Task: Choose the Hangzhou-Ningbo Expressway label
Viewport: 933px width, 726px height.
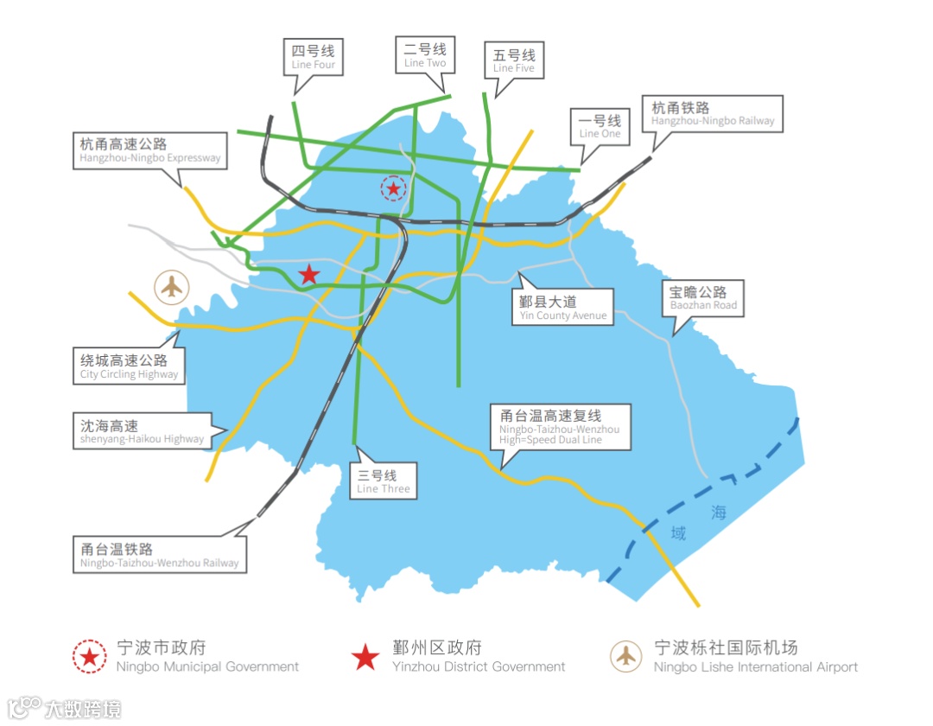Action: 150,150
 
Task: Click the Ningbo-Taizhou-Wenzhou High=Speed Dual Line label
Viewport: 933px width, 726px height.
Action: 560,428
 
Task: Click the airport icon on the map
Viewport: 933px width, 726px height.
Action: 173,286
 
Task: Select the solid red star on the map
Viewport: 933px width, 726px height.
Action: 308,275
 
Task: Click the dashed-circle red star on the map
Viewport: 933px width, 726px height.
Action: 394,188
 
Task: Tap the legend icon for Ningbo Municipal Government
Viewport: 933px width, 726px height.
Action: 90,657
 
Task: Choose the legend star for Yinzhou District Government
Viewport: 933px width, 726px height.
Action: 365,657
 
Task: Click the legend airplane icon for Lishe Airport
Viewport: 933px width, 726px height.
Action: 626,657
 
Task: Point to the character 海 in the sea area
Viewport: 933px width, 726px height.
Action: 719,513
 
